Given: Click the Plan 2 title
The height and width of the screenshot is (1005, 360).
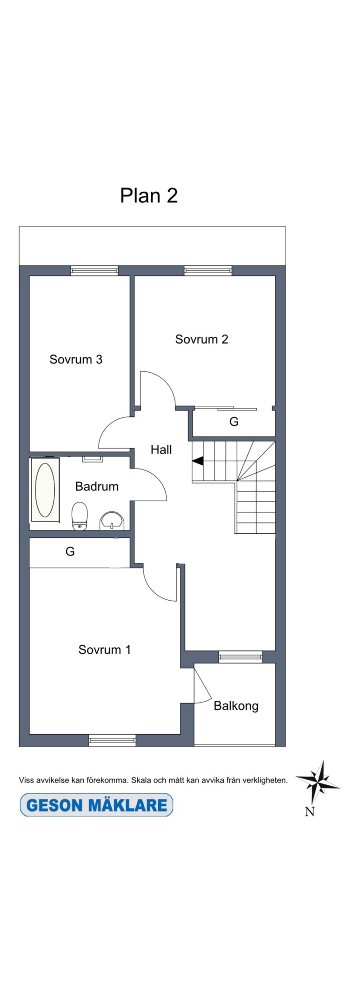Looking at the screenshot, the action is (x=149, y=196).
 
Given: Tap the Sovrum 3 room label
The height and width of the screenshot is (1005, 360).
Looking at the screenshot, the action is (x=76, y=359).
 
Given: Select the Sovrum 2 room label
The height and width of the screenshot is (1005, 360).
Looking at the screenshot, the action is (x=201, y=339).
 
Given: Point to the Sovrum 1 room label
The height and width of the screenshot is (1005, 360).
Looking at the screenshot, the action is (x=104, y=650).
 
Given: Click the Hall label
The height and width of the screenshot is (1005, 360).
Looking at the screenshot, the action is (x=161, y=449).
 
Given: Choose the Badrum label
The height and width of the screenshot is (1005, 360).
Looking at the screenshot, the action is (x=97, y=486).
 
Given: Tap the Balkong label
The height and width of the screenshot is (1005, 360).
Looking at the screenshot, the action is (x=236, y=706).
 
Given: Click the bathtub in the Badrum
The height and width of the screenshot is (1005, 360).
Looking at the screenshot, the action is (x=45, y=489).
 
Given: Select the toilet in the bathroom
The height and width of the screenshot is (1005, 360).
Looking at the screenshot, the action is (x=80, y=516).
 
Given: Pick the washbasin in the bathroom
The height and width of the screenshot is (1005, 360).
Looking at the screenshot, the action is (x=112, y=521).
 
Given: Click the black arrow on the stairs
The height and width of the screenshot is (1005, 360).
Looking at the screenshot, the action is (x=198, y=461).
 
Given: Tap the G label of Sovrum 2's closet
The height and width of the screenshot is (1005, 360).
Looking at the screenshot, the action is (x=234, y=422).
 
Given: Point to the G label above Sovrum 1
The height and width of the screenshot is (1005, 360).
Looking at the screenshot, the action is (x=70, y=551).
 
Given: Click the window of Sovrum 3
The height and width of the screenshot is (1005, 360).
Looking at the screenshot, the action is (x=94, y=270).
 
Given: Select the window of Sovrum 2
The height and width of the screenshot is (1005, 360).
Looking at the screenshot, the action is (x=208, y=270).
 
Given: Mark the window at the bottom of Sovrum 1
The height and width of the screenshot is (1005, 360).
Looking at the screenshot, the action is (x=112, y=740).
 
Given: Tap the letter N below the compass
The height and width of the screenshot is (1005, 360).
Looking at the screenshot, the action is (x=310, y=811).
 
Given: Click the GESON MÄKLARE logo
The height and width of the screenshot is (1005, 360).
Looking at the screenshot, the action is (x=96, y=805).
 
